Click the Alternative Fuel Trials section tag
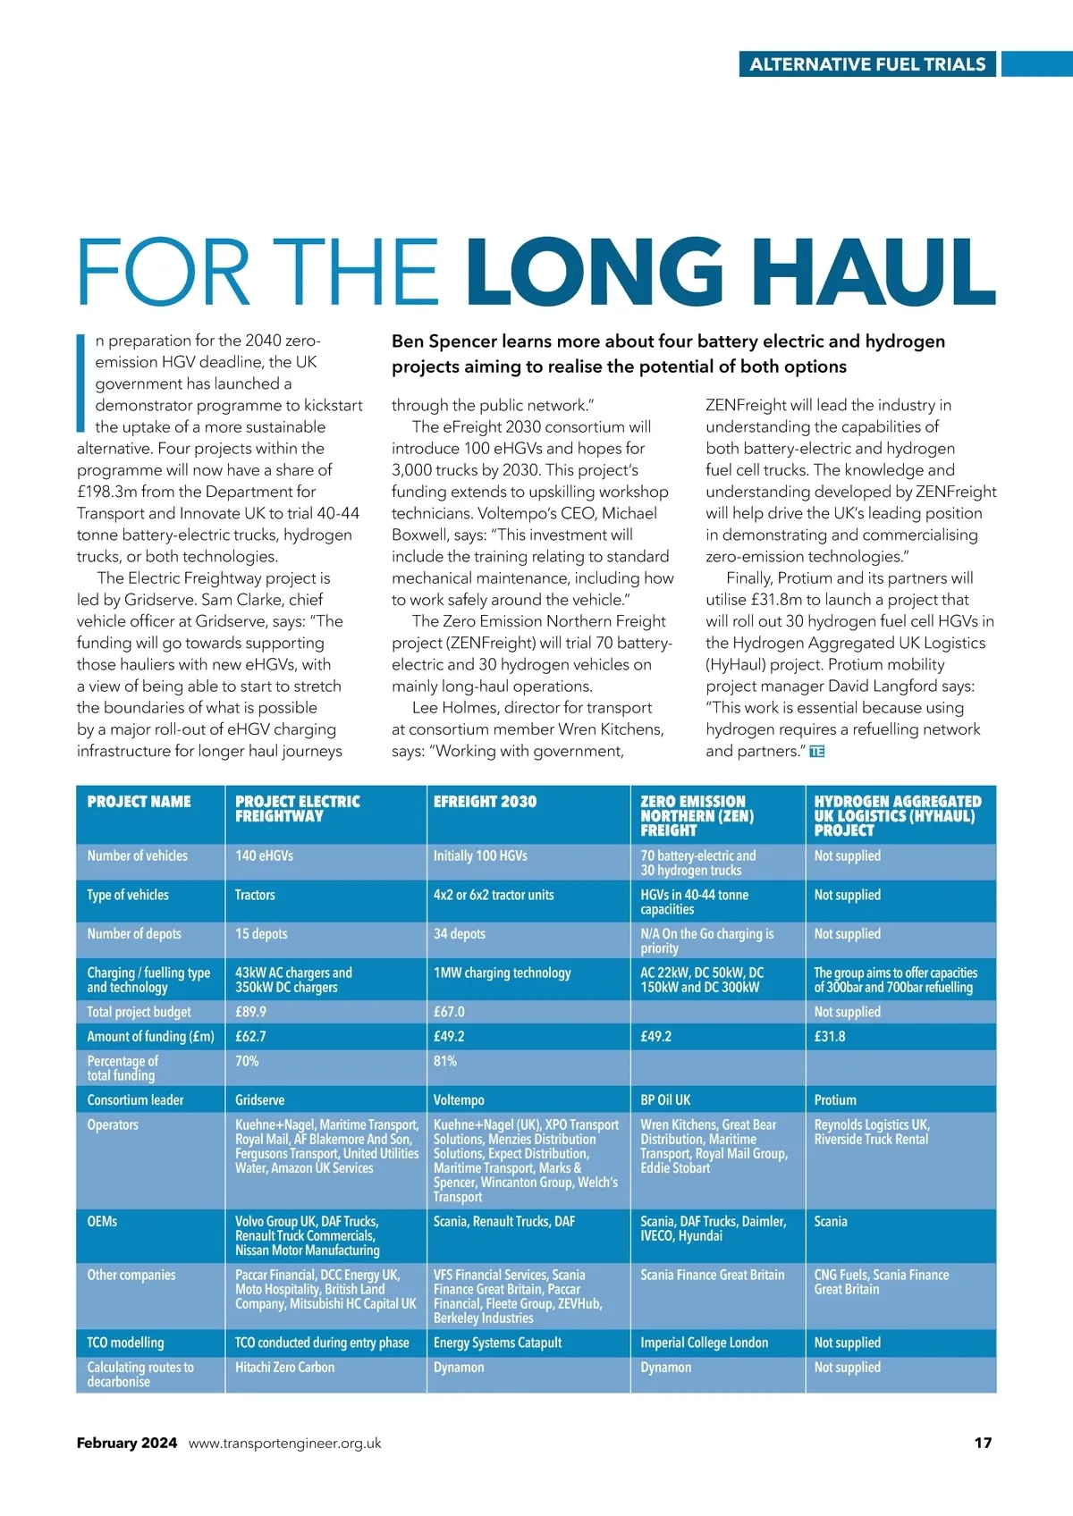click(866, 64)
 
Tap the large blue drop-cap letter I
click(80, 383)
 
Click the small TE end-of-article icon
click(816, 752)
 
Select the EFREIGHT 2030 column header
click(485, 802)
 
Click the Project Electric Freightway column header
click(297, 808)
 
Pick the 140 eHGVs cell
click(264, 855)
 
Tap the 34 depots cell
click(460, 933)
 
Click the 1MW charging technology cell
click(502, 973)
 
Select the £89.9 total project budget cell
click(250, 1012)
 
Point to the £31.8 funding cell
click(829, 1036)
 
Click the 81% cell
click(445, 1061)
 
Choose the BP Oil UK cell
click(665, 1099)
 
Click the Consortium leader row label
click(135, 1099)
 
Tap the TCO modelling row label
click(125, 1343)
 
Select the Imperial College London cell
click(704, 1343)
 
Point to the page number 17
click(983, 1443)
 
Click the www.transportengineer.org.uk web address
click(284, 1443)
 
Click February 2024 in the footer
click(127, 1443)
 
